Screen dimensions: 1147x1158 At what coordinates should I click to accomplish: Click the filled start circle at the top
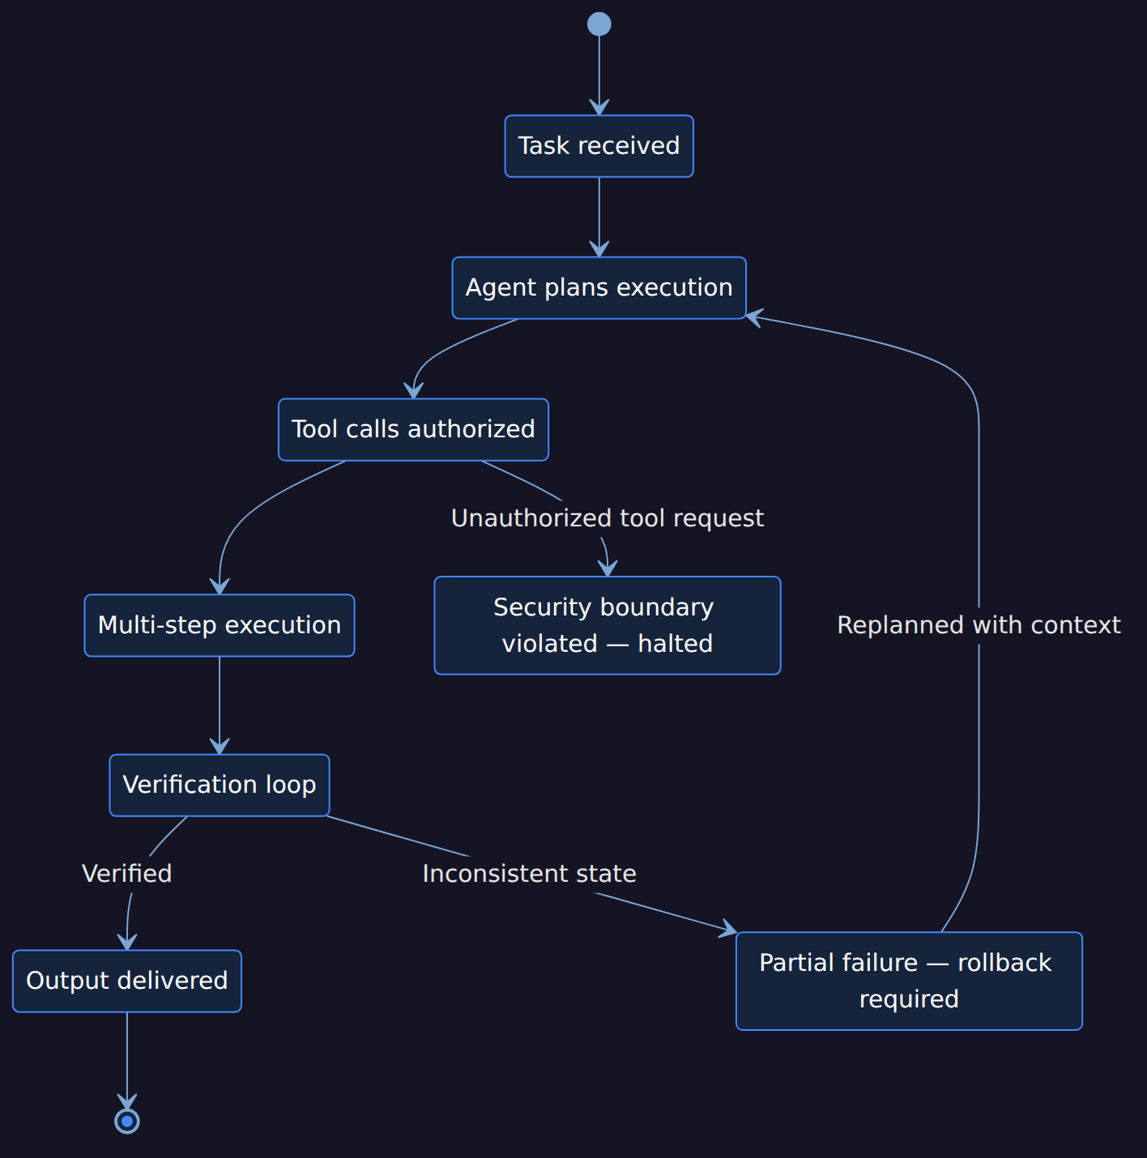click(x=599, y=24)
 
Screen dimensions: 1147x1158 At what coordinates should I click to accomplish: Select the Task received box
click(x=599, y=146)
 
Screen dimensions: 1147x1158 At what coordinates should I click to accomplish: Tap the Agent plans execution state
click(x=599, y=287)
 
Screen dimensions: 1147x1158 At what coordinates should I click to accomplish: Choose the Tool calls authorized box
click(x=413, y=430)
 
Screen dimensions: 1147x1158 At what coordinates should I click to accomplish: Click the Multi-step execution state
click(x=220, y=625)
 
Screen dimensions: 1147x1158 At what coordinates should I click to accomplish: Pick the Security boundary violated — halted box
click(x=608, y=625)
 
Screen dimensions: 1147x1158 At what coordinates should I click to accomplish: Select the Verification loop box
click(x=220, y=785)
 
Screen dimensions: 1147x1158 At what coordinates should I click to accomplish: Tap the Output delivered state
click(x=127, y=981)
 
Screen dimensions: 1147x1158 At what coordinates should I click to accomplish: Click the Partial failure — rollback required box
click(x=909, y=981)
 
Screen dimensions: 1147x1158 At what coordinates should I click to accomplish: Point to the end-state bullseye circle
click(x=127, y=1122)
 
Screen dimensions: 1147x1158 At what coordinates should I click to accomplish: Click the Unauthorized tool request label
click(x=608, y=518)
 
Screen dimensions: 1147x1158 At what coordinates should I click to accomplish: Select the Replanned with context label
click(x=979, y=625)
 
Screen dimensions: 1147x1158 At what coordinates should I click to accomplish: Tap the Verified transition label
click(x=127, y=874)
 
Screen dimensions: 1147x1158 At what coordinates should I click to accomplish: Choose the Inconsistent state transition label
click(x=529, y=874)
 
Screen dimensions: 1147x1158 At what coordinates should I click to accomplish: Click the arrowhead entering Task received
click(x=599, y=109)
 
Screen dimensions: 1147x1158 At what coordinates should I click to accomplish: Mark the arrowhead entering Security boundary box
click(x=608, y=568)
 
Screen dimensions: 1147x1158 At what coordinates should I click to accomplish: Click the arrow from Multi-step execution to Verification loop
click(x=220, y=705)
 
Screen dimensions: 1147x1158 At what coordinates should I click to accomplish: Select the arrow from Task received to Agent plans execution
click(x=599, y=217)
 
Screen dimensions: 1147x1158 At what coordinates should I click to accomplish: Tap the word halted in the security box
click(x=675, y=644)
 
